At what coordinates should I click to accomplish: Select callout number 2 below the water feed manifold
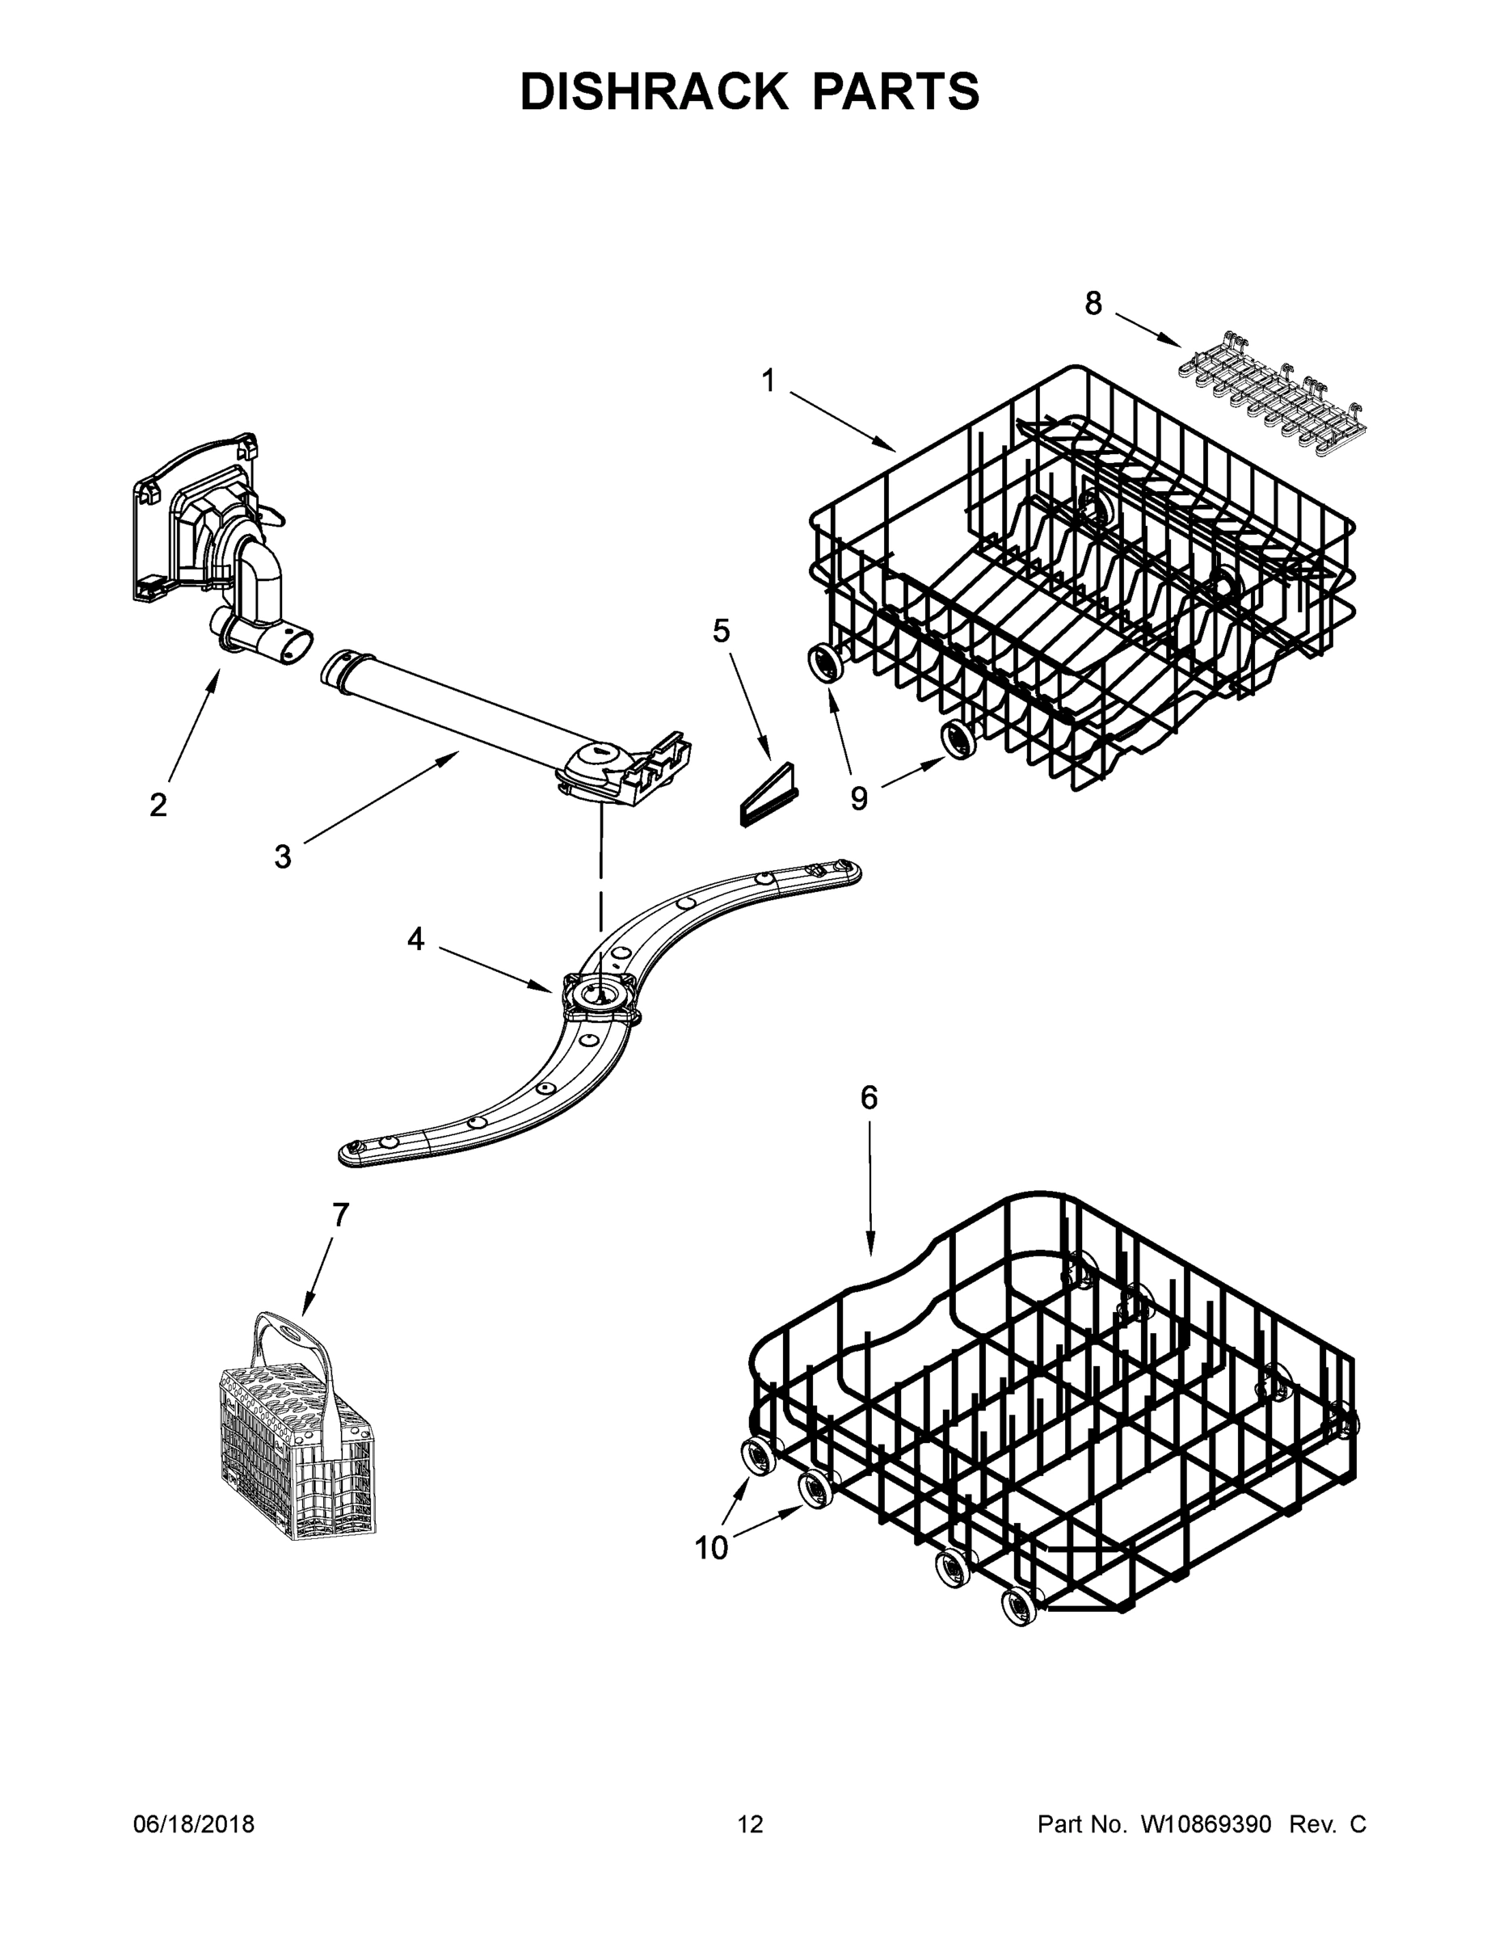click(158, 805)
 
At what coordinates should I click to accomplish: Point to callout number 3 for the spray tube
click(282, 856)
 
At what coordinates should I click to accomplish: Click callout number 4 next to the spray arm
click(415, 939)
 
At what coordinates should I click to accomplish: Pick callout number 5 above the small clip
click(721, 630)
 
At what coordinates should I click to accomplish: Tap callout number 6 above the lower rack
click(869, 1098)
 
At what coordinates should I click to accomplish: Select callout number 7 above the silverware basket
click(341, 1214)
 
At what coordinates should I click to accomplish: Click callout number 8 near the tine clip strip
click(1093, 304)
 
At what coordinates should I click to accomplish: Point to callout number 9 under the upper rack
click(859, 798)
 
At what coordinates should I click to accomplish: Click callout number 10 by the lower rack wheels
click(711, 1547)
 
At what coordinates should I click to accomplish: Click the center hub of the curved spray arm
click(600, 991)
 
